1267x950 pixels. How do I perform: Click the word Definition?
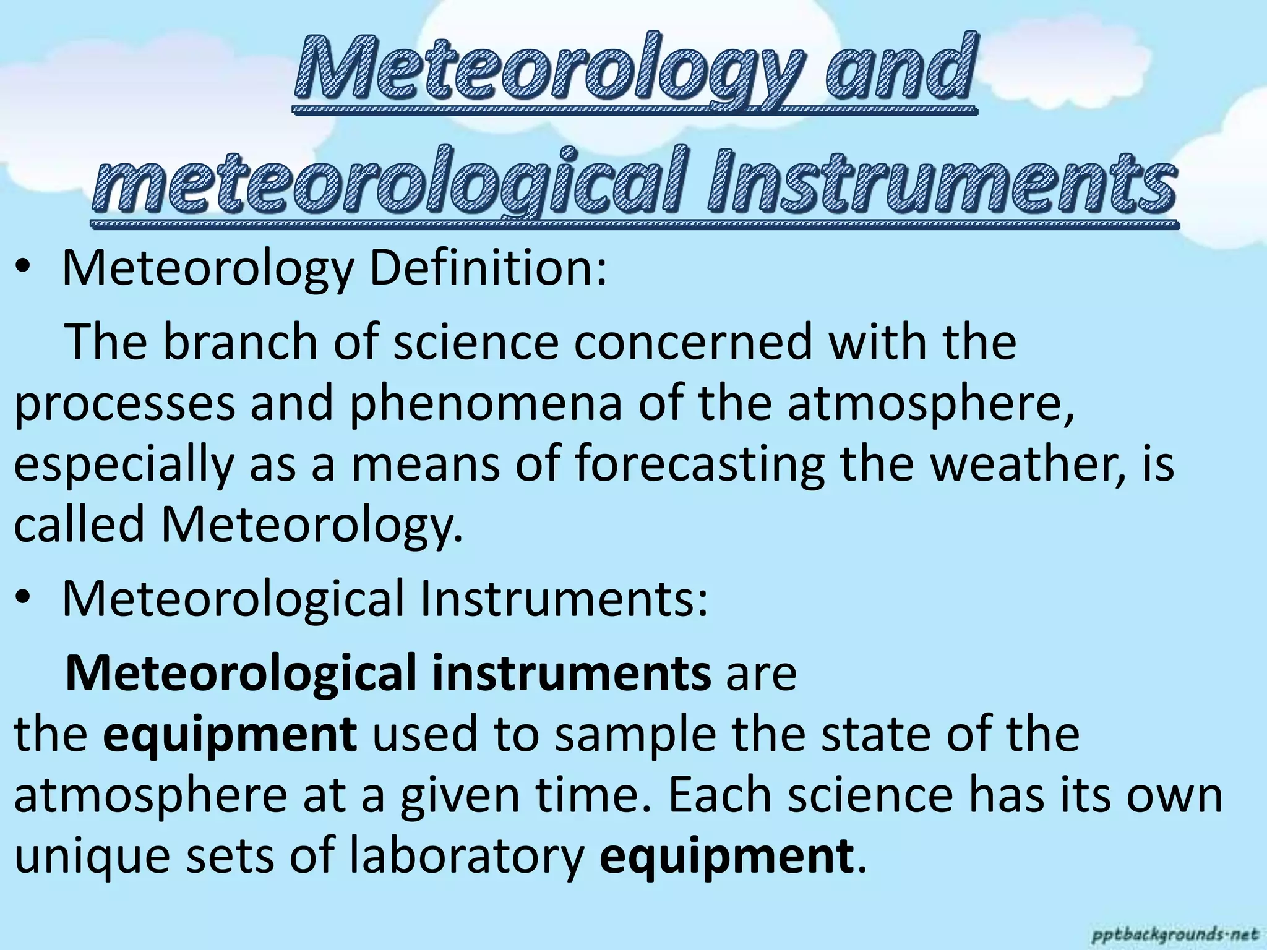pos(489,270)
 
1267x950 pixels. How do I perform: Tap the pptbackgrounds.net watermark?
pos(1175,933)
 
